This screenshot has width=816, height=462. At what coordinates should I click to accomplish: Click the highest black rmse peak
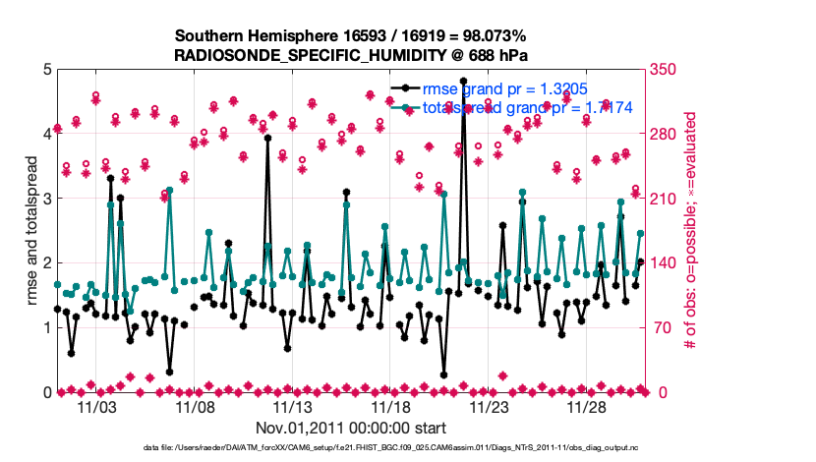point(463,81)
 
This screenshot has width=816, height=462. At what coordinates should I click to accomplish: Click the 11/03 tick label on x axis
point(96,406)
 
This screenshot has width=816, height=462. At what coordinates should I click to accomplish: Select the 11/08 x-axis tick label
point(195,406)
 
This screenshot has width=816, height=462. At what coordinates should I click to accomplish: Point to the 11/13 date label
point(293,406)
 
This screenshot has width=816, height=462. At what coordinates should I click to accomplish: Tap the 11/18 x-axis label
point(391,406)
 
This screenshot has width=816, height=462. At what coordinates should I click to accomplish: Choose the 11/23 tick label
point(490,406)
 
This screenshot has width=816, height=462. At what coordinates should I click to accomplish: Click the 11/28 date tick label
point(588,406)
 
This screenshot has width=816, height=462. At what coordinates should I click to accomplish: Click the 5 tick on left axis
point(46,70)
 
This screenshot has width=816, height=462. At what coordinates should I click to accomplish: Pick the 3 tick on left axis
point(46,199)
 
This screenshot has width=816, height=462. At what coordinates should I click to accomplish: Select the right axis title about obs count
point(691,231)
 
